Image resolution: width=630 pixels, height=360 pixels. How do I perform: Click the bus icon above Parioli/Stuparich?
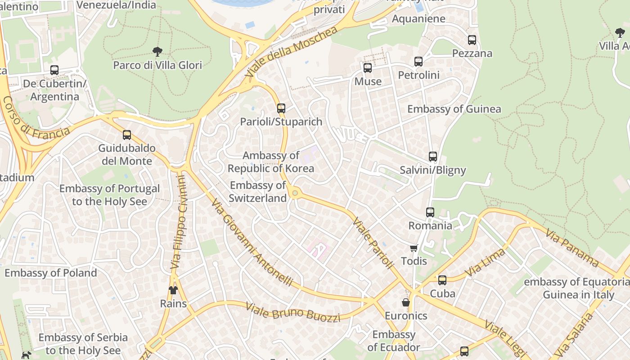click(x=281, y=108)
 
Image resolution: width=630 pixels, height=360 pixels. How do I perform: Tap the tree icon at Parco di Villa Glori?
click(x=157, y=51)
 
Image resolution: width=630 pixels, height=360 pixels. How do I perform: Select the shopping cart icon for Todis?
click(x=414, y=248)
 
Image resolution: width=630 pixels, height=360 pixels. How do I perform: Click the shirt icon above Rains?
click(x=173, y=290)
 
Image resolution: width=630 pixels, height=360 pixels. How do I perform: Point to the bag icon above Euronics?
click(x=405, y=302)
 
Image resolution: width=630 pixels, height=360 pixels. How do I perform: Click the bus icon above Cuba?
click(x=442, y=280)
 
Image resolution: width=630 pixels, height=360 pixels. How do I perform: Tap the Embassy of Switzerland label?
click(x=257, y=192)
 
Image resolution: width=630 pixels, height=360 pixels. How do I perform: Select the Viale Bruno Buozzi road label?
click(x=292, y=312)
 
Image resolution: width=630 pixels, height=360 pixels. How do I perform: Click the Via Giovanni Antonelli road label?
click(x=252, y=243)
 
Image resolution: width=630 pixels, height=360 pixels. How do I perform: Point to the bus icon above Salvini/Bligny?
click(x=433, y=157)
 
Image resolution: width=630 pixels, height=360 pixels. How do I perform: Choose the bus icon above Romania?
click(x=430, y=212)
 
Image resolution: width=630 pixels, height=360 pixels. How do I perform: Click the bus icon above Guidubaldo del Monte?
click(x=127, y=135)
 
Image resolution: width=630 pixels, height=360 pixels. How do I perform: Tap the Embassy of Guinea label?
click(x=454, y=109)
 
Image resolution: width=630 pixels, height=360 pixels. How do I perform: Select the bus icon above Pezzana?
click(x=472, y=40)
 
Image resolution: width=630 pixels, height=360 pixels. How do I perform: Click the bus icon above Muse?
click(x=368, y=68)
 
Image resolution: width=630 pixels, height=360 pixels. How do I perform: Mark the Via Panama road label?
click(x=572, y=247)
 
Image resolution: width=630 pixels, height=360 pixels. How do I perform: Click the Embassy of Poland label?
click(x=50, y=273)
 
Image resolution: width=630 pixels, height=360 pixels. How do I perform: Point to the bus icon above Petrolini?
click(x=418, y=62)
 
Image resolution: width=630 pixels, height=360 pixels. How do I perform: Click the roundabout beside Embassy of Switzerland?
click(x=295, y=193)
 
